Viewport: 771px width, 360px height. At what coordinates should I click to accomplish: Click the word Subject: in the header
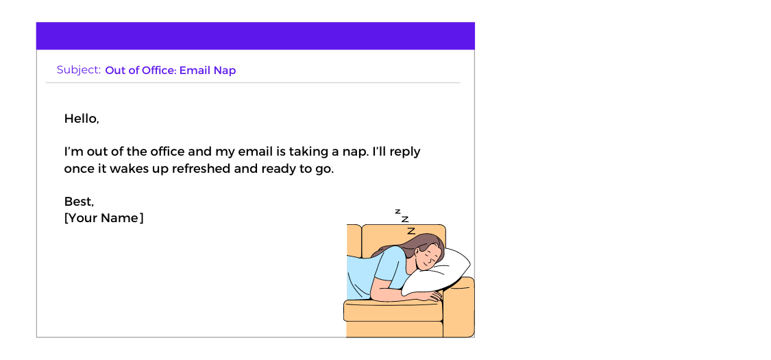pyautogui.click(x=79, y=70)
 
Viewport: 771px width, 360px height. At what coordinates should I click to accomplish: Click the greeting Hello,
pyautogui.click(x=82, y=119)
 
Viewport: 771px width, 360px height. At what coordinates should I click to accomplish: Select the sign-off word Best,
pyautogui.click(x=79, y=202)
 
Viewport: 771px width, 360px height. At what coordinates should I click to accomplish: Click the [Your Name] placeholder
pyautogui.click(x=104, y=218)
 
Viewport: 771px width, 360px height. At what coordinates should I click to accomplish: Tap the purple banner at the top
pyautogui.click(x=255, y=36)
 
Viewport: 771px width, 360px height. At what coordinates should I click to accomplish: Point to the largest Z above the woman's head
pyautogui.click(x=411, y=231)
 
